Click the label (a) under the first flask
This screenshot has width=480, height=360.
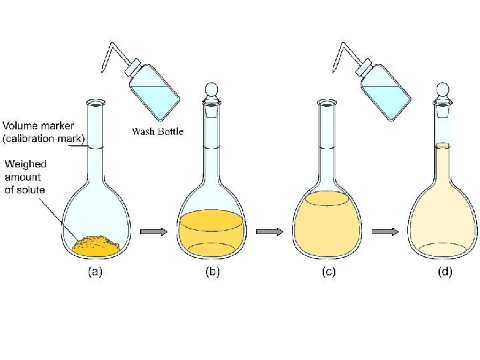95,272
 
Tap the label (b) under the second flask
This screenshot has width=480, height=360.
212,272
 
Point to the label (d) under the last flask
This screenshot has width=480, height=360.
444,272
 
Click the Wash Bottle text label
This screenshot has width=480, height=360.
157,131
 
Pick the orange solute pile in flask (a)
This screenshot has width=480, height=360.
96,246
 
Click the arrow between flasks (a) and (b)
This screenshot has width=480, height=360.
154,231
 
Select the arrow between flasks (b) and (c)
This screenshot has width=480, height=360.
270,231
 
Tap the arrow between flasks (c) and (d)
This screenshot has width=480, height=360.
385,231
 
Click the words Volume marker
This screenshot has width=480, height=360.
39,125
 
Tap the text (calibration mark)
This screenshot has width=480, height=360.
44,139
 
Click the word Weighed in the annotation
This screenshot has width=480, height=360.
26,163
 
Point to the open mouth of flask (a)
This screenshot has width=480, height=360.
95,103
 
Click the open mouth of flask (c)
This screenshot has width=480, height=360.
327,103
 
